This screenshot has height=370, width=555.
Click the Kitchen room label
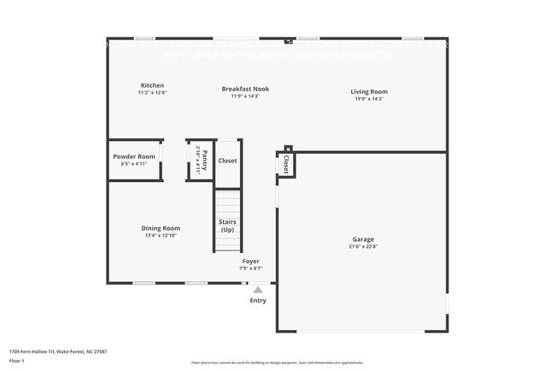point(152,85)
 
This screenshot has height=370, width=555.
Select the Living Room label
point(369,91)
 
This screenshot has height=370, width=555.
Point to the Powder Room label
point(134,156)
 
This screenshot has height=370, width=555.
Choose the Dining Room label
point(161,228)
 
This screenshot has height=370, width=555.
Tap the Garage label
point(363,239)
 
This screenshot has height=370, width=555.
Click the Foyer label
point(250,261)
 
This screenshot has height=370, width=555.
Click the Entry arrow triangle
point(258,290)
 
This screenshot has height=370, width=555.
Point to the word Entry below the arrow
point(258,300)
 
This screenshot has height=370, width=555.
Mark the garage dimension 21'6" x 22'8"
point(363,247)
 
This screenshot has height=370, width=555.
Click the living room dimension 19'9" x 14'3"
point(369,99)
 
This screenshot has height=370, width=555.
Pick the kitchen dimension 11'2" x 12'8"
point(152,93)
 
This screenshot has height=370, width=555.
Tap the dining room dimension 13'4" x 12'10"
point(161,236)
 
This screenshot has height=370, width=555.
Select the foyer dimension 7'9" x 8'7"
point(250,269)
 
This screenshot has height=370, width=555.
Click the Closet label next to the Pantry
point(227,161)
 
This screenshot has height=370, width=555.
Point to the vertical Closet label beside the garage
point(286,164)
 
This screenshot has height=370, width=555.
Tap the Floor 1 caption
point(17,361)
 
